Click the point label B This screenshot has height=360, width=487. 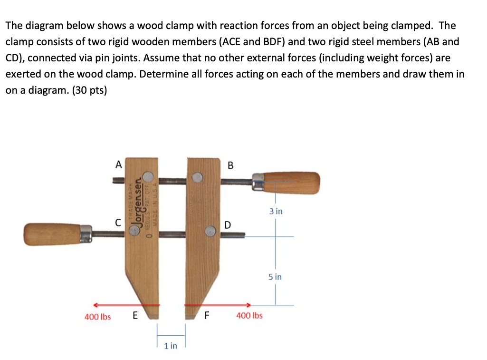tap(231, 165)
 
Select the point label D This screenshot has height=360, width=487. tap(228, 224)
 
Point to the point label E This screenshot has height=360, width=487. tap(135, 315)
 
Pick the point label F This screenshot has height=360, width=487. tap(206, 315)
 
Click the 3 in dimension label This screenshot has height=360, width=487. tap(276, 211)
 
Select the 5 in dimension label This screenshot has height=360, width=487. tap(275, 276)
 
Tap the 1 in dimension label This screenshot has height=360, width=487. tap(170, 346)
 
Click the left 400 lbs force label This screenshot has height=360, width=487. tap(97, 316)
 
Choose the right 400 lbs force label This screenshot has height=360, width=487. tap(249, 315)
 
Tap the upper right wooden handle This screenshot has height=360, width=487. tap(292, 183)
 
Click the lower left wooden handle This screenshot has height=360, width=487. tap(53, 234)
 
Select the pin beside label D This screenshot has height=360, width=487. tap(210, 231)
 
